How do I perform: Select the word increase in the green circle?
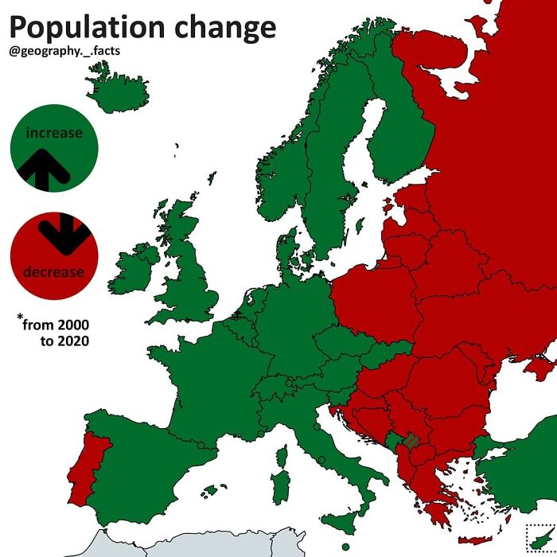54,133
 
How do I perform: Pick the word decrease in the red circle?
53,272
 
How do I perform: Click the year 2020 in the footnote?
72,341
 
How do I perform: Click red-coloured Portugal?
86,469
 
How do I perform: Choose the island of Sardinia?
280,485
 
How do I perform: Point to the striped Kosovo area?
411,440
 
